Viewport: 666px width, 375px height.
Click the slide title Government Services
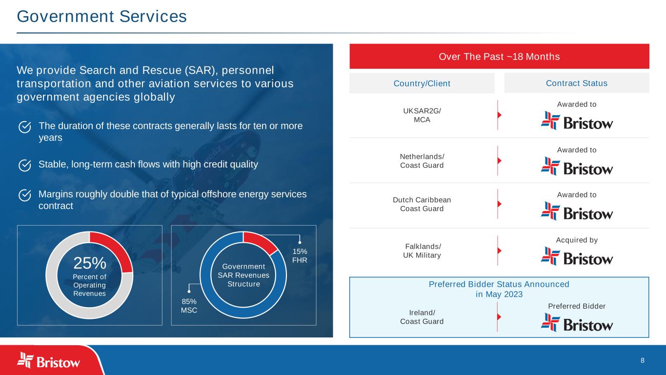pos(101,17)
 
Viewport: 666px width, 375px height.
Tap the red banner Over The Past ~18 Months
pos(499,57)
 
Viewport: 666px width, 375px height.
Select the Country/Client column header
pos(422,83)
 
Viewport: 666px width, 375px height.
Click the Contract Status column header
pos(576,83)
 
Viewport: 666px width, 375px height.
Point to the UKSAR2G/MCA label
pos(422,115)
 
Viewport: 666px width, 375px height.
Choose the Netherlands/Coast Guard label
pos(422,161)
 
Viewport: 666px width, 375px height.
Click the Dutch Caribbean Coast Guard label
pos(422,204)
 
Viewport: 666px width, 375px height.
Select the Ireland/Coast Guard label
pos(422,316)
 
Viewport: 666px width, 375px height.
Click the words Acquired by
pos(576,240)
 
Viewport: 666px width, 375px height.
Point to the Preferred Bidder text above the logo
pos(576,306)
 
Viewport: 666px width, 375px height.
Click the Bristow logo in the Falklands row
pos(577,256)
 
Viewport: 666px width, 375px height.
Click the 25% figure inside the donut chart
pos(90,264)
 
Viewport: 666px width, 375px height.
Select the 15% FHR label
pos(300,255)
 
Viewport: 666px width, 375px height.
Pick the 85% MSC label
pos(189,306)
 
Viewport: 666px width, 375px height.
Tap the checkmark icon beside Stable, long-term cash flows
pos(25,165)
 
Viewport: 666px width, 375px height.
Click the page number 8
pos(642,360)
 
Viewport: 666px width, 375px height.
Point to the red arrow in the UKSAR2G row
pos(499,115)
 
